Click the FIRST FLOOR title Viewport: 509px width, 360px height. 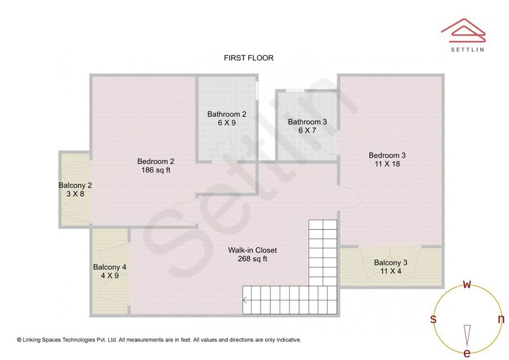click(x=248, y=58)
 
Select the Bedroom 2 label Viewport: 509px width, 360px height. click(x=156, y=161)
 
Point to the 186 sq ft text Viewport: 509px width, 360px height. click(x=156, y=170)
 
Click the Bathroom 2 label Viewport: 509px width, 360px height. click(x=227, y=114)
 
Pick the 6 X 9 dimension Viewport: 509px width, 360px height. click(x=227, y=123)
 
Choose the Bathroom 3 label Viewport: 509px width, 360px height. click(x=307, y=122)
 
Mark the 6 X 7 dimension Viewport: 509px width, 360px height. click(x=307, y=131)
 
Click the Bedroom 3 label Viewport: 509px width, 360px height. click(x=387, y=155)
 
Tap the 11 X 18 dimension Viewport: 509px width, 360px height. click(x=387, y=164)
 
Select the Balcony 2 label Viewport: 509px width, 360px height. click(x=75, y=185)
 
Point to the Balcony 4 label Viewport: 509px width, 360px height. click(x=109, y=267)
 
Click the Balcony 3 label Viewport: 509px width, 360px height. click(x=391, y=262)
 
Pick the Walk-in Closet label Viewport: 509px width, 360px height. click(x=253, y=250)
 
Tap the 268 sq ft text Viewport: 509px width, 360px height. click(x=253, y=259)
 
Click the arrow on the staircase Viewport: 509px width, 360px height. click(x=245, y=300)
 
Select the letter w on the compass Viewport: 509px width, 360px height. click(x=467, y=285)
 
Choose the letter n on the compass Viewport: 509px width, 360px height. click(x=501, y=319)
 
